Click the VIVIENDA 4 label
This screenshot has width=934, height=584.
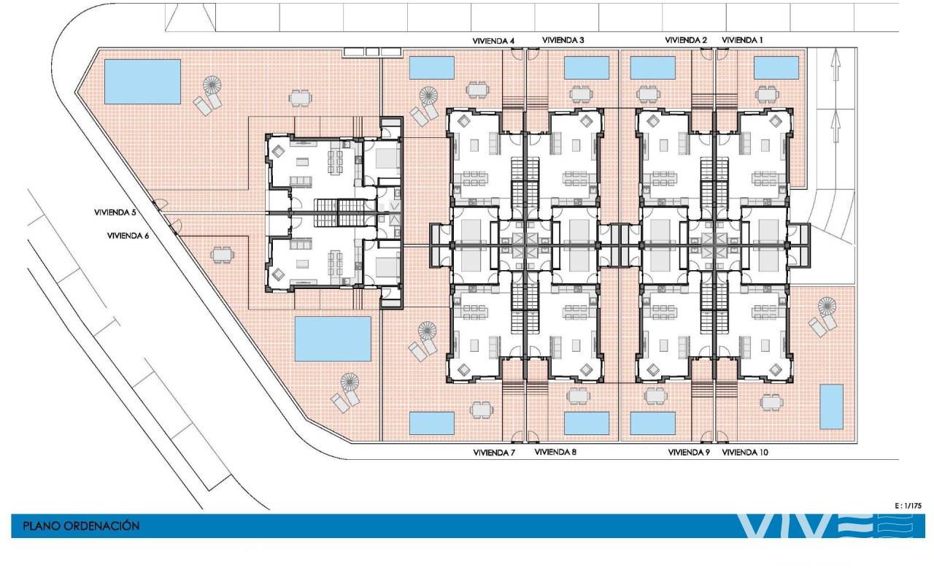493,41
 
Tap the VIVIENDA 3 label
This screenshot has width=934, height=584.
563,40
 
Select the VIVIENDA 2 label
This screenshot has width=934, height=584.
686,40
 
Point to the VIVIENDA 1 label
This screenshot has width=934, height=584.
742,40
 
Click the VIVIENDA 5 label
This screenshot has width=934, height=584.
115,212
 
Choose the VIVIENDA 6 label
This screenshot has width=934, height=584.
128,236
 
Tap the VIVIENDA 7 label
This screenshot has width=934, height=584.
494,453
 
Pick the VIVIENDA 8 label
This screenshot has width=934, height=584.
555,452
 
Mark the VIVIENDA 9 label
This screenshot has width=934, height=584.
689,452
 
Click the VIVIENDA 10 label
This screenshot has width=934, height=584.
745,452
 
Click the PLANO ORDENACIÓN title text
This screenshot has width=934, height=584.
81,526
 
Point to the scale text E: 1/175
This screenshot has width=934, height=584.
908,506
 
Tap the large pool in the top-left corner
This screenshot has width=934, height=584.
142,81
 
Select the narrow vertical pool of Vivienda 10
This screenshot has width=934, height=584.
831,407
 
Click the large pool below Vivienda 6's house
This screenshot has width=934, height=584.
333,339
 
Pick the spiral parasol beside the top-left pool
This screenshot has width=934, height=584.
212,85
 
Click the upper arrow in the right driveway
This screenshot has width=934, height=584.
835,64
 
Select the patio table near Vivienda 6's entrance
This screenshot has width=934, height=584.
223,255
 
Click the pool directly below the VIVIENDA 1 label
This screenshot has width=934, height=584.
776,68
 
